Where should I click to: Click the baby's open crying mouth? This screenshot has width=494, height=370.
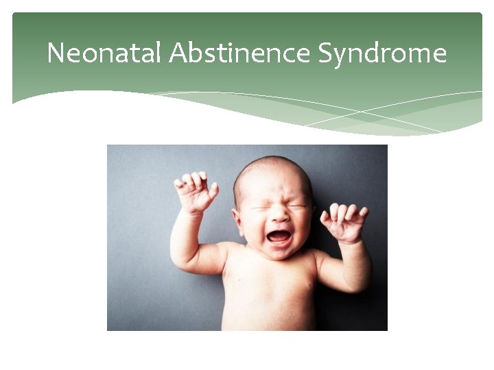point(279,236)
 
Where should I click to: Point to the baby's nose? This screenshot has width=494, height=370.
point(280,214)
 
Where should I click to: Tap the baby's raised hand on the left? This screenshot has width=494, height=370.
point(196,192)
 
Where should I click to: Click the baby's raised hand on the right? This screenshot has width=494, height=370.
point(344,222)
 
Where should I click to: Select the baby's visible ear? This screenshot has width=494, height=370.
point(238,221)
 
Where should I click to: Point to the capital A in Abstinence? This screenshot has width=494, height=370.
point(175,53)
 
